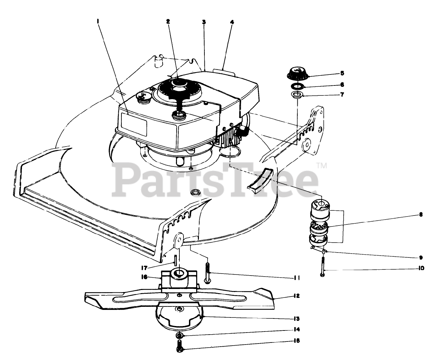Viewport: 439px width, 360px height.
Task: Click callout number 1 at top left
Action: click(x=98, y=21)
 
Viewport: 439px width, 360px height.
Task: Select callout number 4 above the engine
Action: click(x=232, y=22)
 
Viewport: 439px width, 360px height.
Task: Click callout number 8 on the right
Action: click(x=420, y=215)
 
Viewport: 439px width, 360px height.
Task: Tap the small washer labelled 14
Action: click(x=179, y=335)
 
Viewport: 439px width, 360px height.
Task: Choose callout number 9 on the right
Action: click(x=421, y=257)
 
